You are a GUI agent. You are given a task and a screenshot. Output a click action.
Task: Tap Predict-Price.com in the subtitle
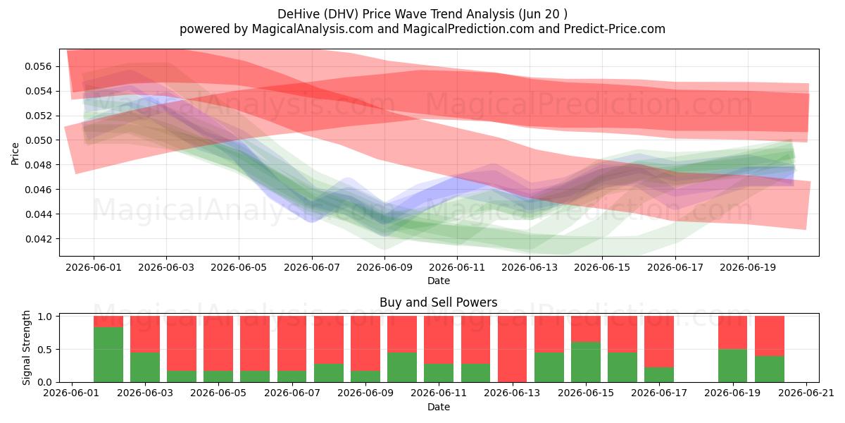click(x=615, y=29)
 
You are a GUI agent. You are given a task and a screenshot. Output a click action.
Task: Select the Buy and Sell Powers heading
click(x=438, y=302)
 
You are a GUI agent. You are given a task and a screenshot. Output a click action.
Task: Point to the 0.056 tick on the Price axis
click(x=38, y=67)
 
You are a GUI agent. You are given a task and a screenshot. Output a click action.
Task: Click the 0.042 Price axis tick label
click(x=38, y=239)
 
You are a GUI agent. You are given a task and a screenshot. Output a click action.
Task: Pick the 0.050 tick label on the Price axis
click(x=38, y=140)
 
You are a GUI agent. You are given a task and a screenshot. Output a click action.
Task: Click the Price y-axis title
click(x=15, y=154)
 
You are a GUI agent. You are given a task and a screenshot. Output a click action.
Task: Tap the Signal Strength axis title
click(x=27, y=348)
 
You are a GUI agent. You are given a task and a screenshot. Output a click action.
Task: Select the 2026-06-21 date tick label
click(x=806, y=393)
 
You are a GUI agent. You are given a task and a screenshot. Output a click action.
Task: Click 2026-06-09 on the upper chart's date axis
click(x=384, y=267)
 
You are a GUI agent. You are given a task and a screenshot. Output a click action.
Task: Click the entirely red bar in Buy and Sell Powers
click(x=513, y=349)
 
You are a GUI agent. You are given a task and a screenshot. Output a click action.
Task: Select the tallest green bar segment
click(x=108, y=355)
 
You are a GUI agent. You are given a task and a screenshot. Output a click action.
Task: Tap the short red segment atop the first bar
click(x=108, y=321)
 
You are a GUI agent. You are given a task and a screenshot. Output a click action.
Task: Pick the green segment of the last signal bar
click(x=770, y=369)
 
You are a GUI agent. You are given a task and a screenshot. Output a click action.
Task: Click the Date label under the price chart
click(x=438, y=281)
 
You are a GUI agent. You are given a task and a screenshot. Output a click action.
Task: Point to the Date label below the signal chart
click(x=438, y=407)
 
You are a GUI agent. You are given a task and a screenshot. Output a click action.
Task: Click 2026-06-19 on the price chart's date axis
click(x=748, y=267)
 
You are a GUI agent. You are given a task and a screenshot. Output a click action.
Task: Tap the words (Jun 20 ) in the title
click(x=543, y=14)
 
